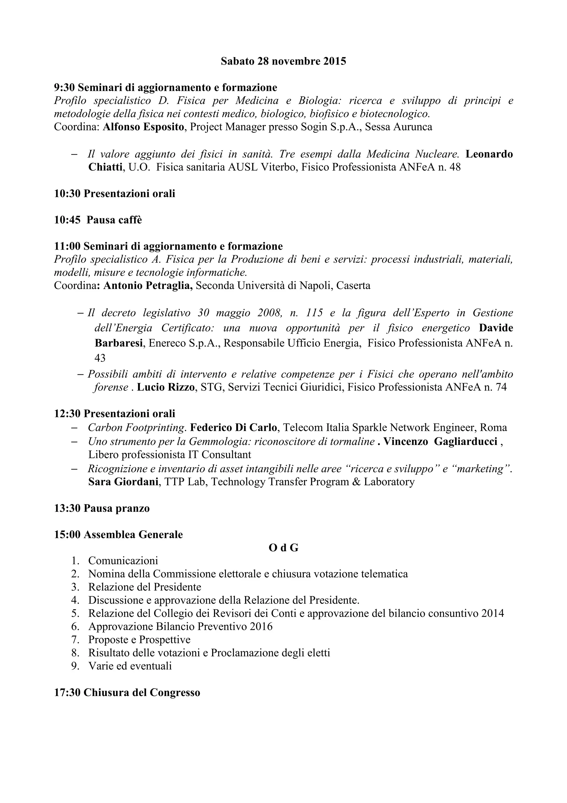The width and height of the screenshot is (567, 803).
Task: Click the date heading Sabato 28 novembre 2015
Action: pyautogui.click(x=283, y=62)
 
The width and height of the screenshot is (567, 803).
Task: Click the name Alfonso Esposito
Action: pyautogui.click(x=143, y=127)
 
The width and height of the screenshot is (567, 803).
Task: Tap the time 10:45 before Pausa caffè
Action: pyautogui.click(x=68, y=220)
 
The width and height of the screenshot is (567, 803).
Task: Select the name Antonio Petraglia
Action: pyautogui.click(x=148, y=286)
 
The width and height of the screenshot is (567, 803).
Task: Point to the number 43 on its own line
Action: pyautogui.click(x=100, y=358)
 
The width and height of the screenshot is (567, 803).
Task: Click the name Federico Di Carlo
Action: pyautogui.click(x=234, y=427)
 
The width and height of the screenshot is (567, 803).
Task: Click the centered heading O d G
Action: pyautogui.click(x=283, y=548)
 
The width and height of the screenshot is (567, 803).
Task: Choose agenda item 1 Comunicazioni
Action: pyautogui.click(x=123, y=561)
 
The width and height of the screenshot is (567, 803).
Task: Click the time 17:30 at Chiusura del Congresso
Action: pyautogui.click(x=68, y=692)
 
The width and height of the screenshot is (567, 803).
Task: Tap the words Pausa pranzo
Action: pyautogui.click(x=117, y=508)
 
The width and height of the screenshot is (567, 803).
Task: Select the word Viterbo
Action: pyautogui.click(x=280, y=167)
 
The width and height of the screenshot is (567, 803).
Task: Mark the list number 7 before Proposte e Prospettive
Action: pyautogui.click(x=74, y=640)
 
